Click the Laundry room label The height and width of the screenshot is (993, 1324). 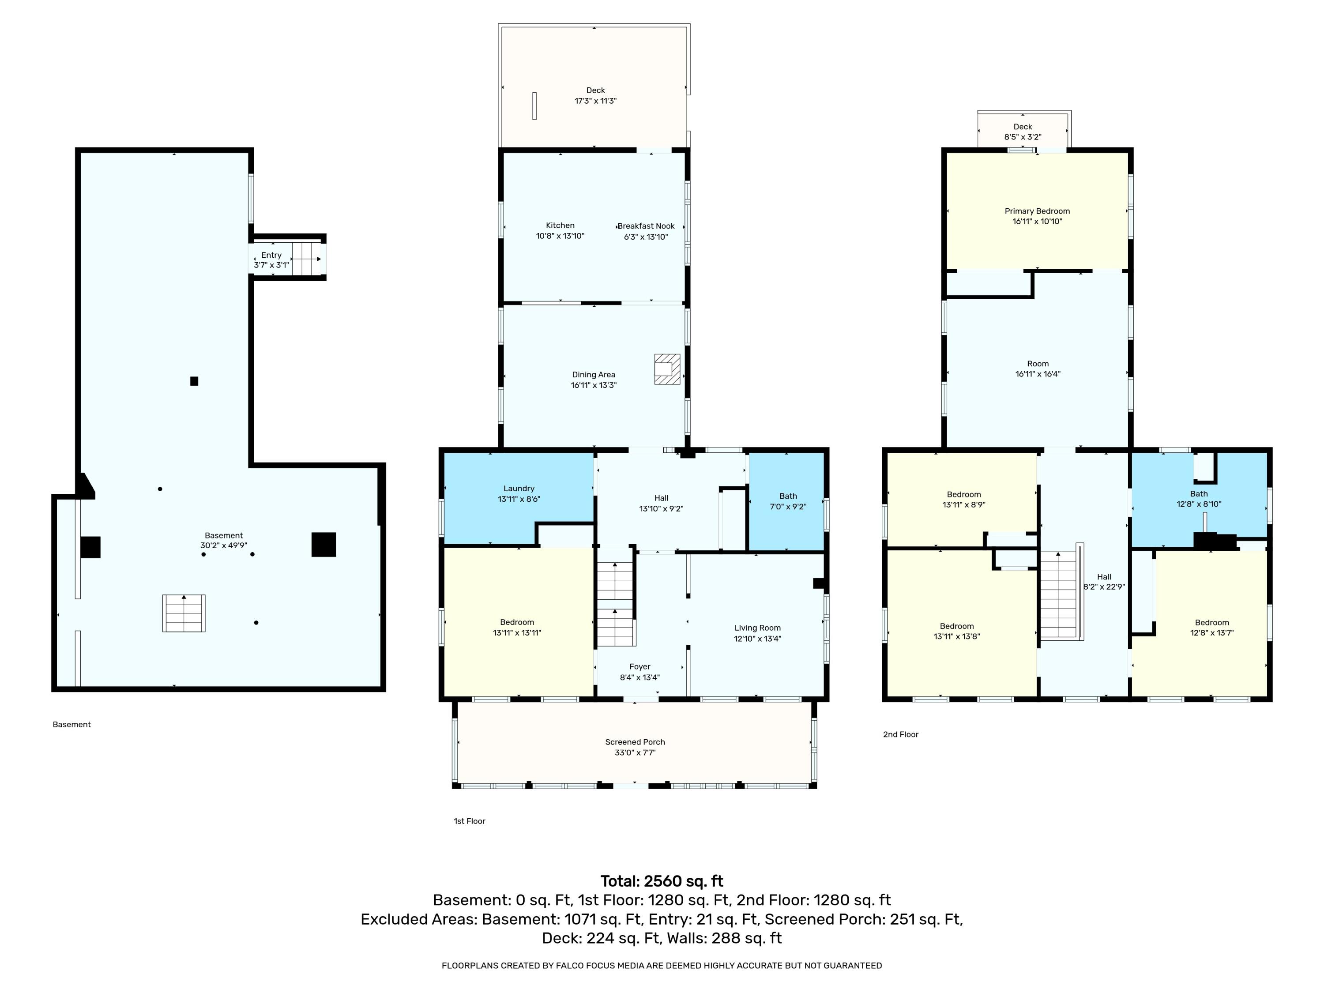519,489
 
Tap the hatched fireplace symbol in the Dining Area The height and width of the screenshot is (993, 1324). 667,369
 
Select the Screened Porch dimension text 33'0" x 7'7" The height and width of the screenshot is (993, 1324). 635,752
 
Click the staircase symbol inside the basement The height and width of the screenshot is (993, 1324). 184,613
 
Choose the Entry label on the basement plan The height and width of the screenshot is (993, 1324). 271,255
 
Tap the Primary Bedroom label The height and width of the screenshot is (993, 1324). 1037,211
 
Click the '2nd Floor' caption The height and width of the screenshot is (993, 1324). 900,734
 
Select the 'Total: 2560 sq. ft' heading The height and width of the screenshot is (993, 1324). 662,881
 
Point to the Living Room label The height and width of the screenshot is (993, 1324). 758,628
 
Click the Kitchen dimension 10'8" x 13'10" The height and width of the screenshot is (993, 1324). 560,236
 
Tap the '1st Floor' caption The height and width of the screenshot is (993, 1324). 469,821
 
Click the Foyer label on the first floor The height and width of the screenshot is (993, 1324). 640,667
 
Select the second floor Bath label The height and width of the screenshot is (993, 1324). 1199,494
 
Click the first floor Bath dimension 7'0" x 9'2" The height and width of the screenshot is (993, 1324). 788,506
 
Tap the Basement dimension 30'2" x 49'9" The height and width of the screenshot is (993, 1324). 224,545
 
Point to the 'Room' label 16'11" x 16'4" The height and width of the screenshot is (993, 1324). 1038,363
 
